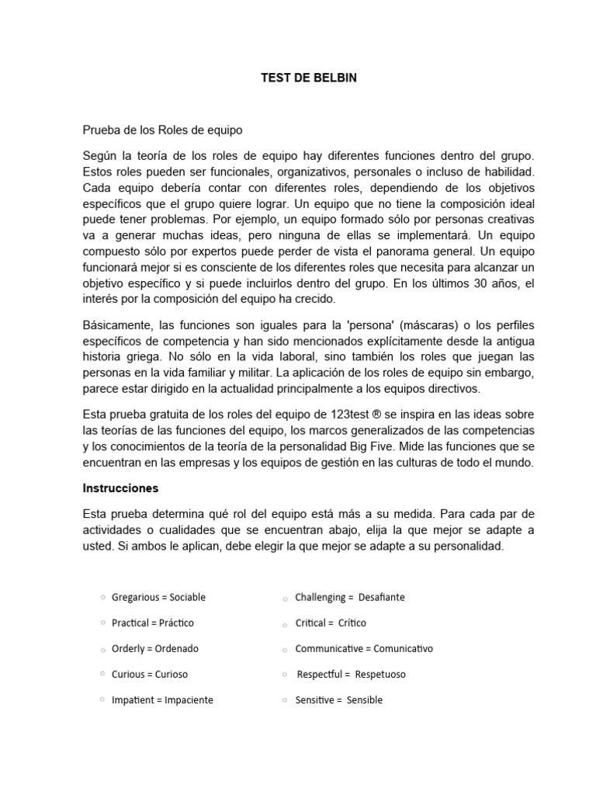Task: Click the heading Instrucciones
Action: (120, 488)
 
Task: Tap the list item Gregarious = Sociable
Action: (158, 597)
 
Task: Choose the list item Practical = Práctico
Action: (152, 623)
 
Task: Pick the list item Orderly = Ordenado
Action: (154, 648)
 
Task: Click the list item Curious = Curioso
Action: (149, 674)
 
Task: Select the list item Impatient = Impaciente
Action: (162, 700)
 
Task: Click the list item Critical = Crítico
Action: (331, 623)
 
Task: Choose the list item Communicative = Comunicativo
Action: (364, 648)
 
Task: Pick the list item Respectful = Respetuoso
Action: (352, 674)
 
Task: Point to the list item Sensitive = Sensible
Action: (338, 700)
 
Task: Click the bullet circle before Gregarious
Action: (103, 597)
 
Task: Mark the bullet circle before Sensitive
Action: (286, 701)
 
